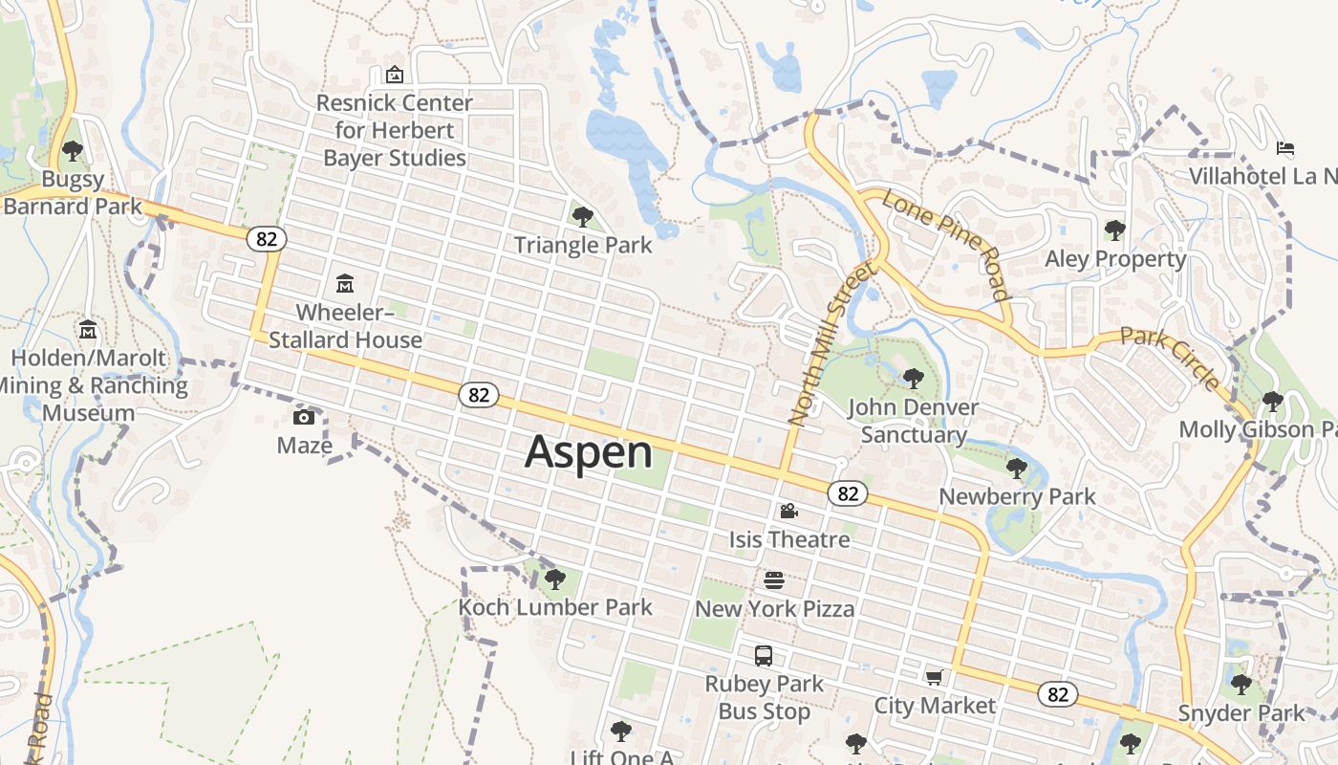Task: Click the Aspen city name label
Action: (x=589, y=451)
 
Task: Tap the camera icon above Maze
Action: (x=304, y=417)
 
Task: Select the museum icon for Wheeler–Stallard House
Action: (x=344, y=284)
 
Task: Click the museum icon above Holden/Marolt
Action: (x=88, y=330)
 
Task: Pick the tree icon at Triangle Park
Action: (x=582, y=217)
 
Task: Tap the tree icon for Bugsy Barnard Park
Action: (x=72, y=151)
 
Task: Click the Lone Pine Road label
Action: (x=946, y=245)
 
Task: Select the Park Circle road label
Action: (x=1170, y=359)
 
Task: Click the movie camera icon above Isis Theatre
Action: (x=788, y=512)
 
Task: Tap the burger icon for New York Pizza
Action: (x=774, y=580)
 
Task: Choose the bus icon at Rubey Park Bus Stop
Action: (x=763, y=656)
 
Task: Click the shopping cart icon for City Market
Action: (x=934, y=678)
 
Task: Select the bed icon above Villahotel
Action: (x=1285, y=148)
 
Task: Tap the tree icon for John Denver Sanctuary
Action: (x=913, y=379)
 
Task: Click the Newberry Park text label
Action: (x=1017, y=496)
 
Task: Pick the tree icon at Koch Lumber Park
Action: (x=554, y=579)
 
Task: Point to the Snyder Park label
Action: (x=1241, y=713)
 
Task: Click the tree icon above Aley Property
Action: (x=1114, y=230)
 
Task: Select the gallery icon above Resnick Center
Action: (x=394, y=75)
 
